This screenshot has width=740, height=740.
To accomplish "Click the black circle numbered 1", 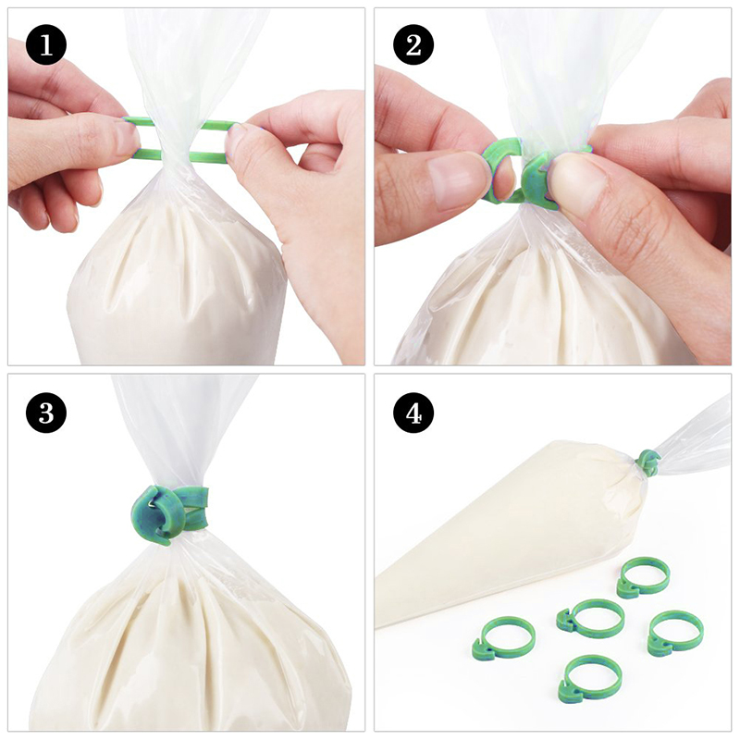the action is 46,44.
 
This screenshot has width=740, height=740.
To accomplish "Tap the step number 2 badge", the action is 413,44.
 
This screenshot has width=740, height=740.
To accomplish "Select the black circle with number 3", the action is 46,413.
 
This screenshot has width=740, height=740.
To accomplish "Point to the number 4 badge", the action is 413,413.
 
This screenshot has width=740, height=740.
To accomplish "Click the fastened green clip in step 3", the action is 169,514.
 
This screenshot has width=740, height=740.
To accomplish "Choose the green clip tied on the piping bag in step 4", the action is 648,462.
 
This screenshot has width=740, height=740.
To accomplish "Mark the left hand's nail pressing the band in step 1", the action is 127,138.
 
